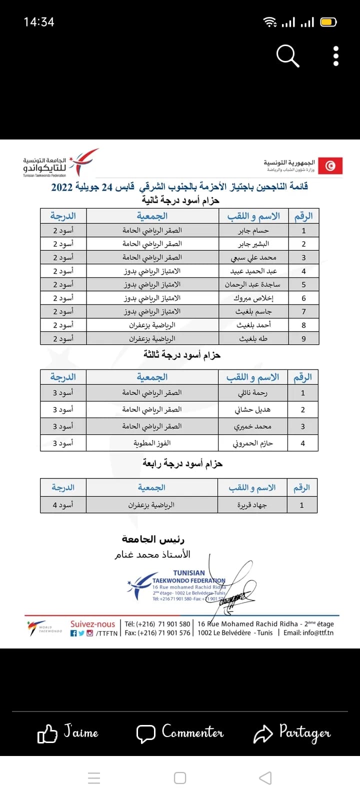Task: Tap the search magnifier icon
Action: coord(287,55)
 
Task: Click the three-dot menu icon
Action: coord(336,56)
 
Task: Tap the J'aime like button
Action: coord(68,733)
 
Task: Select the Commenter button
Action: coord(180,733)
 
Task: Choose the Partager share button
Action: coord(292,733)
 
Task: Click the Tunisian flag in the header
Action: coord(330,165)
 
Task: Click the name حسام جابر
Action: coord(253,230)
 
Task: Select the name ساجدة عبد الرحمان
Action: coord(252,284)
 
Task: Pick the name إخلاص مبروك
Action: coord(253,298)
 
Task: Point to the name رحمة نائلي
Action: coord(253,393)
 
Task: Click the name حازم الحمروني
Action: coord(253,443)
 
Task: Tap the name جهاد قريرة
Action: coord(252,505)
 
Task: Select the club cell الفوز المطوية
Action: coord(152,443)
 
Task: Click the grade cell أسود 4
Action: coord(63,505)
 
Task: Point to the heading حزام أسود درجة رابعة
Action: coord(182,463)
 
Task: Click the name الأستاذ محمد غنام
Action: coord(152,554)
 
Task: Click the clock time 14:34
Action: coord(39,22)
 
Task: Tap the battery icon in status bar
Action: coord(328,22)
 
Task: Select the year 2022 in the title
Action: coord(62,187)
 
